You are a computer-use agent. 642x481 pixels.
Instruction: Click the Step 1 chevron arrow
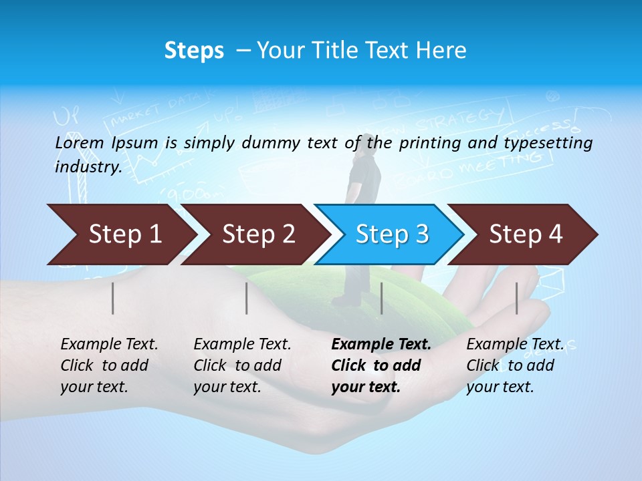pos(124,234)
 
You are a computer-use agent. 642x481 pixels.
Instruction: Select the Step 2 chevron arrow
pos(257,234)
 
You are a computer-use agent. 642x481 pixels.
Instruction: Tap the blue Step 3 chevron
pos(391,234)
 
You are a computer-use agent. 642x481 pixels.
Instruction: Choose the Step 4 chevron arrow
pos(525,234)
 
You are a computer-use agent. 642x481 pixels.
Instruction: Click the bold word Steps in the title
pos(194,51)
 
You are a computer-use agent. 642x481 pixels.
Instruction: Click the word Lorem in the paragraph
pos(79,142)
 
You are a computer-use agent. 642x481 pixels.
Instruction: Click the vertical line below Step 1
pos(113,298)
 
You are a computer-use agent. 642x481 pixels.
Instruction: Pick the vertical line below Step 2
pos(247,298)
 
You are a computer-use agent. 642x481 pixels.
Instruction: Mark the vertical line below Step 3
pos(381,298)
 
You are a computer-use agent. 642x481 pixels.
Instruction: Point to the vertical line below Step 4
pos(516,298)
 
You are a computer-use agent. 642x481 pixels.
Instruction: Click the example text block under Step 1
pos(109,365)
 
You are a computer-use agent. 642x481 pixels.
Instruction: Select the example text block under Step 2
pos(242,365)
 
